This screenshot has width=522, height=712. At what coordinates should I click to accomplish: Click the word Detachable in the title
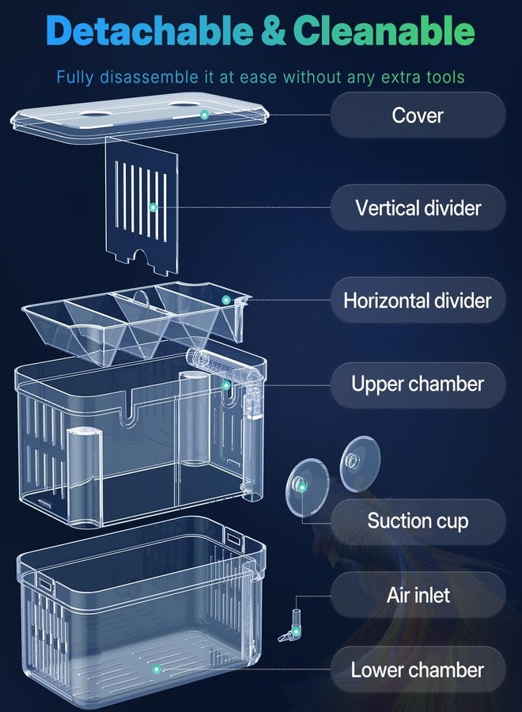(x=149, y=31)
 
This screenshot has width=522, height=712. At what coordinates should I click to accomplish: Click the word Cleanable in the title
(x=384, y=31)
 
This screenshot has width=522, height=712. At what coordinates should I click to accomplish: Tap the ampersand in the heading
(x=273, y=31)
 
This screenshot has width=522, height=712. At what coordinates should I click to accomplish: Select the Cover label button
(x=418, y=115)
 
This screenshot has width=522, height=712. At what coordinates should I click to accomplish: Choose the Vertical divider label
(x=418, y=207)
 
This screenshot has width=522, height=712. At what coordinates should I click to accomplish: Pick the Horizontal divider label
(x=418, y=300)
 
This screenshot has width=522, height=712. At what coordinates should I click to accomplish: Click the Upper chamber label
(x=418, y=384)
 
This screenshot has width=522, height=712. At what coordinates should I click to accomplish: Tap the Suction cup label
(x=418, y=521)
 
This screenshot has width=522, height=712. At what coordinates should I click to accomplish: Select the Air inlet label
(x=418, y=595)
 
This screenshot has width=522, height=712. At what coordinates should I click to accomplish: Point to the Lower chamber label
(x=418, y=670)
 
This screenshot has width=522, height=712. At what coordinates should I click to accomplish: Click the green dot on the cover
(x=204, y=115)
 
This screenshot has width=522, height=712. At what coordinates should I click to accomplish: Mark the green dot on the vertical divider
(x=153, y=207)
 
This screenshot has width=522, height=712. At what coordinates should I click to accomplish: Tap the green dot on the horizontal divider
(x=226, y=300)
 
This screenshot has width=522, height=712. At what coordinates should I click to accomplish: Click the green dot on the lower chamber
(x=157, y=669)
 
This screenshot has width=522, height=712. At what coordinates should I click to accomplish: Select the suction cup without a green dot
(x=360, y=464)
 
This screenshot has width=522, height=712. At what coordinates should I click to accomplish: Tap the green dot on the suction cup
(x=302, y=487)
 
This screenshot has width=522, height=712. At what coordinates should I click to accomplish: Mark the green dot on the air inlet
(x=296, y=631)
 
